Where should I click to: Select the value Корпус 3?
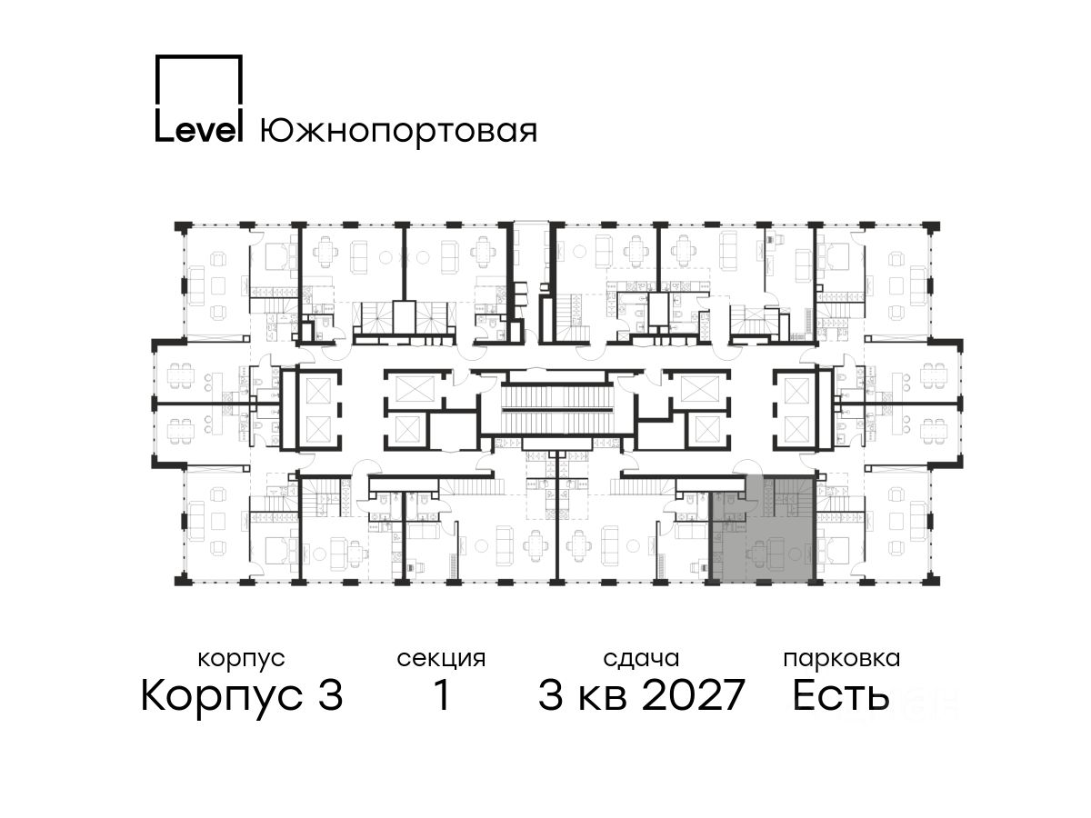242,696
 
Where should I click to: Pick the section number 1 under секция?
442,695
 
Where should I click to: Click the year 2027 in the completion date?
694,695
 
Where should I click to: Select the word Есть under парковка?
840,695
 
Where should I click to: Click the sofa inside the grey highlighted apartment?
776,552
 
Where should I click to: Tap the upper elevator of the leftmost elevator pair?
318,390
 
